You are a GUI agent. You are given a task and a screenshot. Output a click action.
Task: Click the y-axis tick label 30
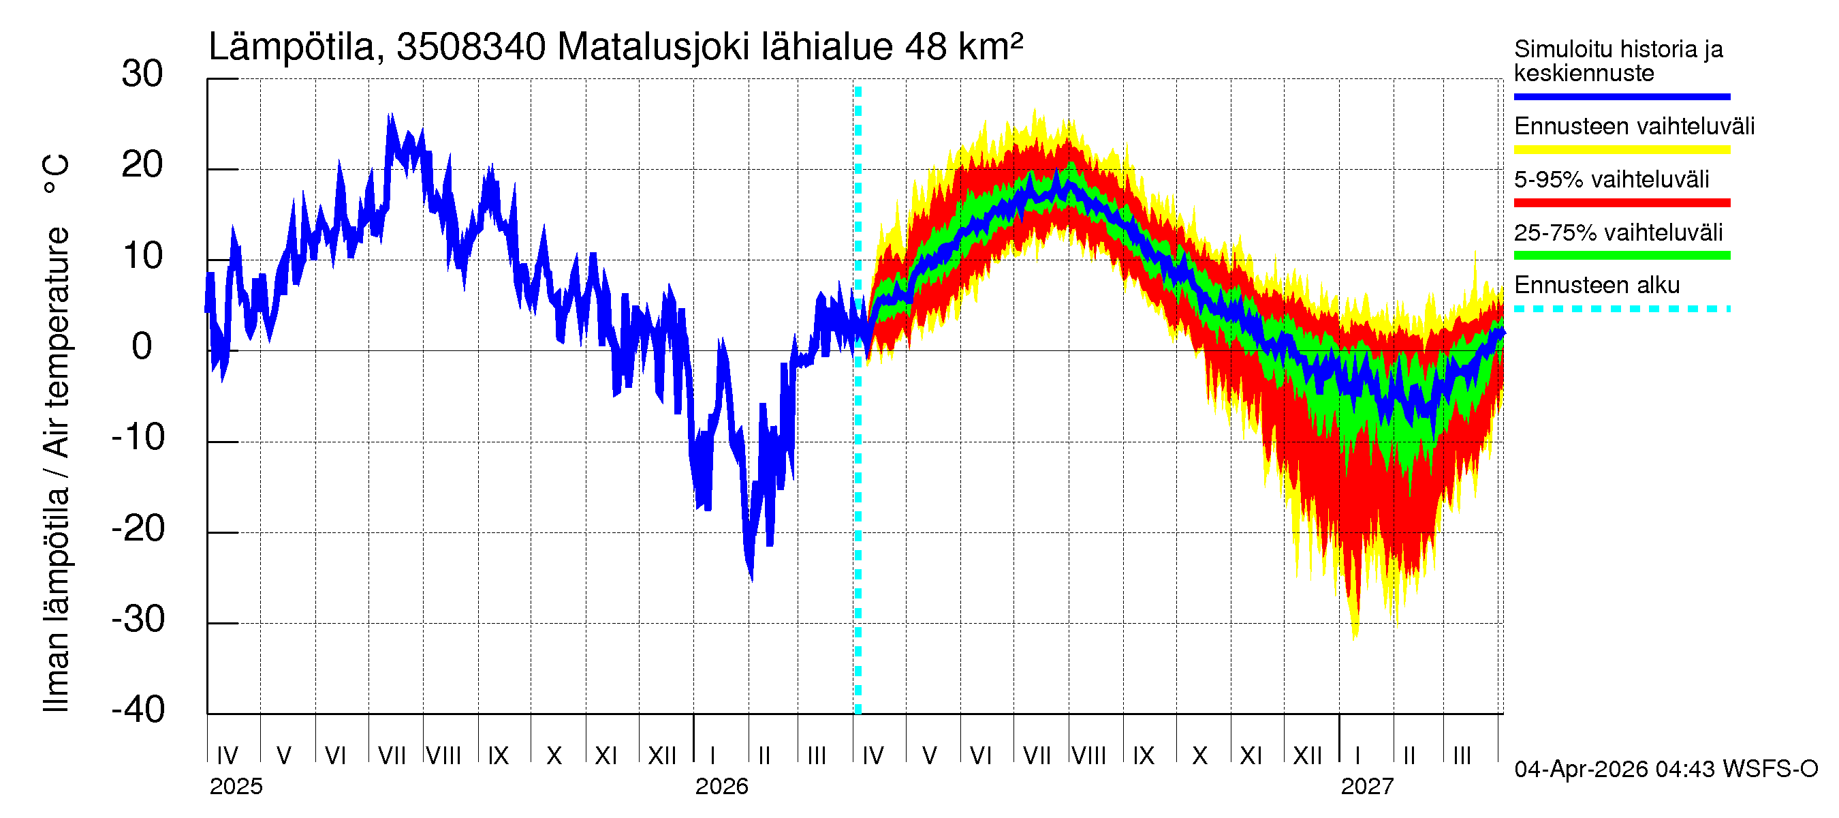(x=142, y=74)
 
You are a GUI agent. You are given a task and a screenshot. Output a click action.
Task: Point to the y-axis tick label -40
(x=138, y=710)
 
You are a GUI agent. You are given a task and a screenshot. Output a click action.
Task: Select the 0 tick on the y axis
(x=142, y=346)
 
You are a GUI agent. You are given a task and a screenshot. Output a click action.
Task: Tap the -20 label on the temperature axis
(x=138, y=529)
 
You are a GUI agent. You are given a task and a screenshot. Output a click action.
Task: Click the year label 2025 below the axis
(x=236, y=787)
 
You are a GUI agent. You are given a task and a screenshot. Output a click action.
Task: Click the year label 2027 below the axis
(x=1366, y=787)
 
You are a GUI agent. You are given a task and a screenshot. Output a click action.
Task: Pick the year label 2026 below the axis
(x=721, y=787)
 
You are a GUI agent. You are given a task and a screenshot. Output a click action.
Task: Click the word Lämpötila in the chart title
(x=292, y=47)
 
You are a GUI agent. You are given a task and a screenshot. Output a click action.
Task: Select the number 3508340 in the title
(x=471, y=47)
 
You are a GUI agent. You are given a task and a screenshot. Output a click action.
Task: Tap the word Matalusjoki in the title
(x=653, y=47)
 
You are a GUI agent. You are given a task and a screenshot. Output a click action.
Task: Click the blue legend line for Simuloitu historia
(x=1621, y=96)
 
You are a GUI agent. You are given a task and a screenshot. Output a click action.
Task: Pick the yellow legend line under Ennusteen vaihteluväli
(x=1621, y=149)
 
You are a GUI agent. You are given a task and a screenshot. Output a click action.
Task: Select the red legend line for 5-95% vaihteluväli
(x=1621, y=203)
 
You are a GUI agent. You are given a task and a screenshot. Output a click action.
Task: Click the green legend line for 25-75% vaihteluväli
(x=1621, y=255)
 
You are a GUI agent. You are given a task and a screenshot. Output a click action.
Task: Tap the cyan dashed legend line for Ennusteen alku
(x=1621, y=309)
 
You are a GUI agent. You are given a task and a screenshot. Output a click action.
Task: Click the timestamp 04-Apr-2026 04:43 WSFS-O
(x=1665, y=770)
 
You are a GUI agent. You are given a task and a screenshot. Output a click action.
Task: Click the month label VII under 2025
(x=391, y=755)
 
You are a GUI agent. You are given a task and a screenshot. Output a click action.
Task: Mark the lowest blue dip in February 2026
(x=751, y=579)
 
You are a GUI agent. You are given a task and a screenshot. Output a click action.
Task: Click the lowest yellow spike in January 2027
(x=1355, y=636)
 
